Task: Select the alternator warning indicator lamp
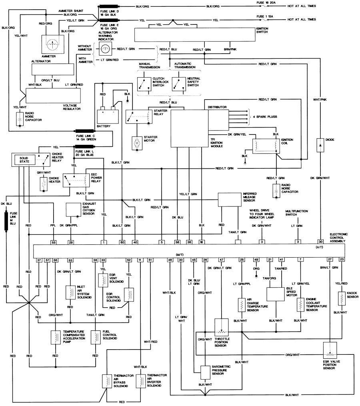[x=105, y=49]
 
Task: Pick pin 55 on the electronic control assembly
[x=53, y=242]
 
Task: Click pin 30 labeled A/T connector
[x=320, y=242]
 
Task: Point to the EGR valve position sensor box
[x=330, y=354]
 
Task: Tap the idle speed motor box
[x=275, y=294]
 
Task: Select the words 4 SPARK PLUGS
[x=265, y=117]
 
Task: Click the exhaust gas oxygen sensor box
[x=73, y=209]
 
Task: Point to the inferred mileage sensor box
[x=229, y=199]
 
